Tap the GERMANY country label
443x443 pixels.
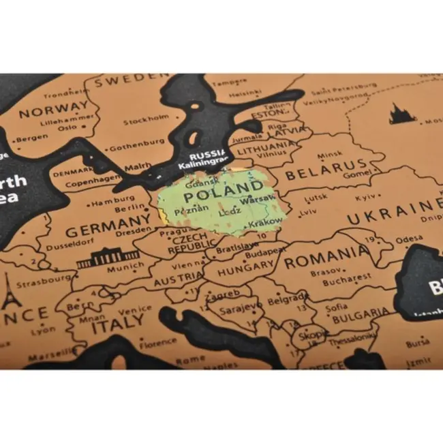click(108, 224)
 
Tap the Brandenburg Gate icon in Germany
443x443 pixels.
click(108, 258)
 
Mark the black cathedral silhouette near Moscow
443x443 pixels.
click(402, 114)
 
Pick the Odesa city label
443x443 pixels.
click(409, 239)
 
